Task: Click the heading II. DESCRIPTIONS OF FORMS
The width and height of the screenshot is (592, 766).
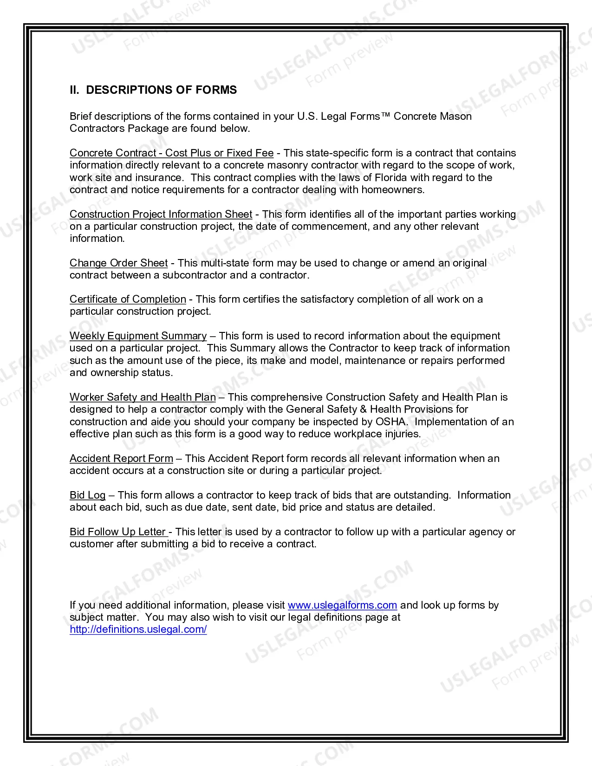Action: click(153, 90)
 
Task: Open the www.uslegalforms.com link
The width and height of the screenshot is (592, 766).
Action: click(342, 605)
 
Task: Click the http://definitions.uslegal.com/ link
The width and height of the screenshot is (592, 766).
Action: click(138, 630)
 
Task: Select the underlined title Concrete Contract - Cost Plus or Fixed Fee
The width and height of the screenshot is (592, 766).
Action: click(171, 153)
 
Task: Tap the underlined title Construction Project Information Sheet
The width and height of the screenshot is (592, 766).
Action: click(161, 214)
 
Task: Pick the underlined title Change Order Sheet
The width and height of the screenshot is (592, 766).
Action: click(118, 263)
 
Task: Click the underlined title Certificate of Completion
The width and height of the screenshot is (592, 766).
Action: click(128, 299)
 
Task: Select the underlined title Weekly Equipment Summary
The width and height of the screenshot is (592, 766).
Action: click(138, 336)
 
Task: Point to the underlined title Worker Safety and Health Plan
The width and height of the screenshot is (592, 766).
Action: click(143, 397)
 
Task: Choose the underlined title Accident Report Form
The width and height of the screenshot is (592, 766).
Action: click(121, 459)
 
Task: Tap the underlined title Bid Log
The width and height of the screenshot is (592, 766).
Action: click(88, 495)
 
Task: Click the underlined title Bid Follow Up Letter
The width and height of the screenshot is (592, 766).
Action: click(118, 532)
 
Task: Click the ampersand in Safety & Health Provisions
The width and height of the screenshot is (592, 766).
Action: click(364, 409)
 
